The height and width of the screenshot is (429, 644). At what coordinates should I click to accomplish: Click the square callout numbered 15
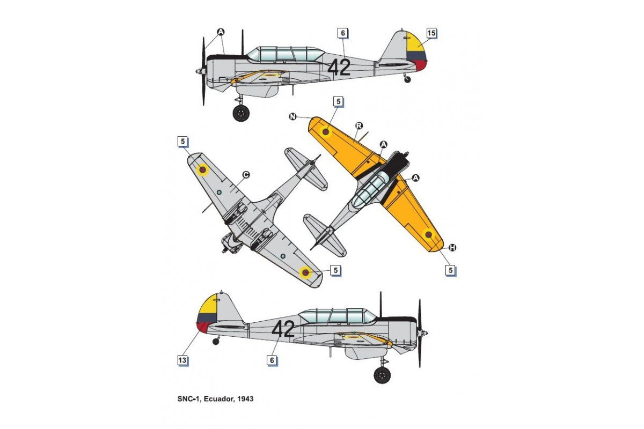(x=431, y=33)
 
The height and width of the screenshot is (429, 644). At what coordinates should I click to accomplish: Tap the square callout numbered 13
(x=182, y=360)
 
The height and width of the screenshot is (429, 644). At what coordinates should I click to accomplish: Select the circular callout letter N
(x=292, y=117)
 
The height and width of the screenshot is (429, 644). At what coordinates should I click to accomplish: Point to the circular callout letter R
(x=359, y=125)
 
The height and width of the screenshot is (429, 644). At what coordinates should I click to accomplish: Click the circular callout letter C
(x=246, y=175)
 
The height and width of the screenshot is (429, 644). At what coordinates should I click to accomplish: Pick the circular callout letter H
(x=452, y=248)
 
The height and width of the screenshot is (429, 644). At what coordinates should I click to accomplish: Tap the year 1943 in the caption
(x=246, y=399)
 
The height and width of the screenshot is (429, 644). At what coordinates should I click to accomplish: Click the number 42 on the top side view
(x=339, y=68)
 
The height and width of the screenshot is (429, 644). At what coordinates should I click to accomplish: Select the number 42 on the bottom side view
(x=283, y=329)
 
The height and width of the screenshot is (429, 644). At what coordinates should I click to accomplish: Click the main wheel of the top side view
(x=241, y=113)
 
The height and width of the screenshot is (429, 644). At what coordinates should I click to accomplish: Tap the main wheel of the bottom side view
(x=382, y=375)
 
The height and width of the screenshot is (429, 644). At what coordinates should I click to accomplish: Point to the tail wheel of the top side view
(x=407, y=79)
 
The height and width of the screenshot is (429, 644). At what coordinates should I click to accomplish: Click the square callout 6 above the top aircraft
(x=343, y=33)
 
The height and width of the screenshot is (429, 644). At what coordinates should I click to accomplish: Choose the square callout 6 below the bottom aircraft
(x=272, y=360)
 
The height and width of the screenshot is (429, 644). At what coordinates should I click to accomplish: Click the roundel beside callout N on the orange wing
(x=325, y=131)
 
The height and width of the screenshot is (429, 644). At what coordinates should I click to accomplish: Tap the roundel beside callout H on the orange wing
(x=428, y=235)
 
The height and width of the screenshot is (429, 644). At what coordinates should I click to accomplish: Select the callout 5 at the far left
(x=182, y=142)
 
